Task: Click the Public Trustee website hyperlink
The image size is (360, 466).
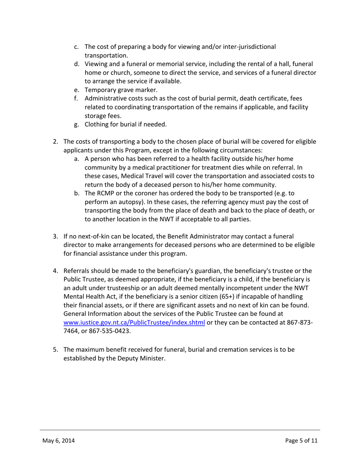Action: pos(134,322)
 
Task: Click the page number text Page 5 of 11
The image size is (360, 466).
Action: pos(301,441)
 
